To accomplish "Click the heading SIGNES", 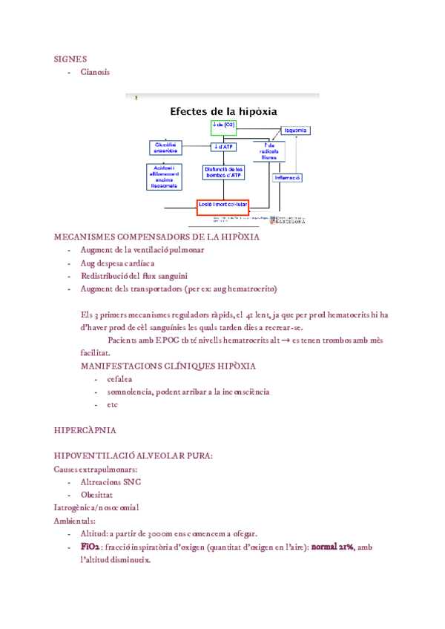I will [x=70, y=58].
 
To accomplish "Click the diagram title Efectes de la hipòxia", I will [x=223, y=111].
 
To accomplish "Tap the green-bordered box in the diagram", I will [x=222, y=128].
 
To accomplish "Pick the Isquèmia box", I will [x=294, y=131].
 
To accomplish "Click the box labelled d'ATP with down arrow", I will [x=223, y=147].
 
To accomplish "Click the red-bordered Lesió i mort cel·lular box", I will [x=222, y=205].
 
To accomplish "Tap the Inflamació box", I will [x=287, y=178].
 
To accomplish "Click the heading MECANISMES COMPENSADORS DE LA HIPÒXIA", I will [x=156, y=237].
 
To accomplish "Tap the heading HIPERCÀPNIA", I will [x=85, y=430].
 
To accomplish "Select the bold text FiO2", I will [x=90, y=547].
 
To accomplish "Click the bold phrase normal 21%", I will [x=332, y=547].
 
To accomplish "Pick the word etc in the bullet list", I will [x=112, y=404].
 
